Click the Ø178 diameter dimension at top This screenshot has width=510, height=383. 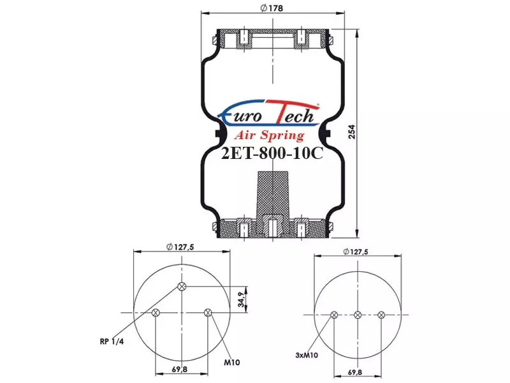coord(272,8)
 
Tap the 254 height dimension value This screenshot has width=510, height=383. coord(352,131)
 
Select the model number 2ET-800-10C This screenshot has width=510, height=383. coord(272,153)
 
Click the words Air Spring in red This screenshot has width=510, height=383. coord(269,135)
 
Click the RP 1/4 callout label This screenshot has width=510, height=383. coord(112,342)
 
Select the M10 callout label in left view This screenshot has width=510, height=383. coord(231,362)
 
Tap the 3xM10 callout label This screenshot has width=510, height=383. coord(307,355)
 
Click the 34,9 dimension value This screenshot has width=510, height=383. coord(241,299)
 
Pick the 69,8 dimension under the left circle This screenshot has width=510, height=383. coord(180,370)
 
